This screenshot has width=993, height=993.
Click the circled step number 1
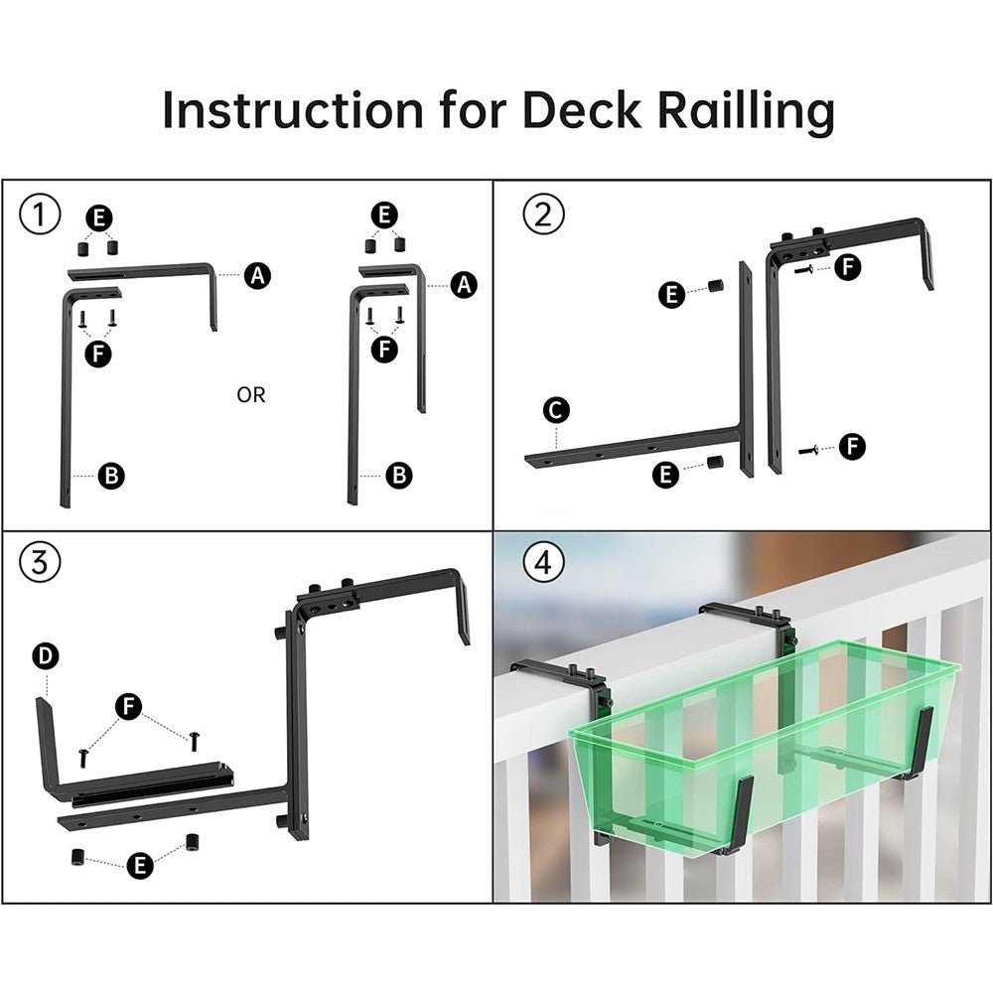[40, 214]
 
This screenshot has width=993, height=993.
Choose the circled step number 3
[40, 563]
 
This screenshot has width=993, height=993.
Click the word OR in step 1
[251, 395]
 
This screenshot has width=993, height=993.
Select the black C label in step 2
[557, 408]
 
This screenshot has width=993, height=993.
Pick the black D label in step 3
[46, 656]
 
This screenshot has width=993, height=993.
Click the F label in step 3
[128, 706]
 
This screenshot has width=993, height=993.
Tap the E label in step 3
[140, 865]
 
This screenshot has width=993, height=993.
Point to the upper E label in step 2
[672, 294]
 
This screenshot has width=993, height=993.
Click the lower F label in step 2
[851, 448]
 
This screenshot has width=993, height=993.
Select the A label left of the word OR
[258, 276]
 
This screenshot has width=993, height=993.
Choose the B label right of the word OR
[399, 476]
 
